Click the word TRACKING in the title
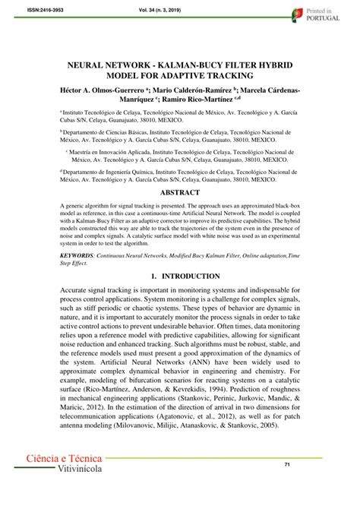239,79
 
